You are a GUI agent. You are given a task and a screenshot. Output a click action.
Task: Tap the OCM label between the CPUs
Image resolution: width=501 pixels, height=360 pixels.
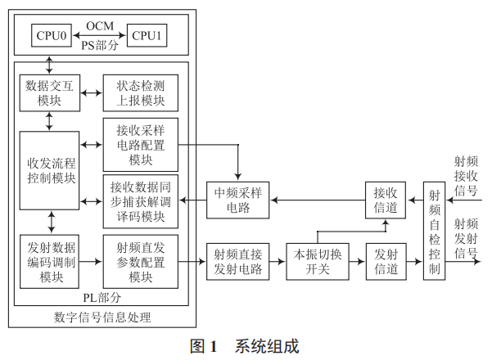(x=100, y=26)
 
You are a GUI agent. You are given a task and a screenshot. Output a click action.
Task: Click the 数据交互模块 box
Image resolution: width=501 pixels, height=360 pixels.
(x=50, y=92)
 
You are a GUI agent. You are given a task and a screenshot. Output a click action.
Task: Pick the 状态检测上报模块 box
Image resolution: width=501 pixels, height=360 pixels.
(x=141, y=92)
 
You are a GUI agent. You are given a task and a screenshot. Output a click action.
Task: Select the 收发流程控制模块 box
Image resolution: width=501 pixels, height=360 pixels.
(x=50, y=169)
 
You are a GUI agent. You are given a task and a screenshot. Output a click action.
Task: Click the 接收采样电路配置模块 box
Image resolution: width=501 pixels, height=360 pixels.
(x=141, y=144)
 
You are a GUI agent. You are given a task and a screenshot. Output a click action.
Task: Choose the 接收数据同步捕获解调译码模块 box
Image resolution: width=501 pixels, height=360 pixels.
(x=141, y=200)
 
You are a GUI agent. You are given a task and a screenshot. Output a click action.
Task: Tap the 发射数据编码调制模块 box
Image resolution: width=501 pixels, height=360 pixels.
(x=50, y=261)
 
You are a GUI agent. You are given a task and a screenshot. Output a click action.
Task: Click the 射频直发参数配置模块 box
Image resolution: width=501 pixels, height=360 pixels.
(x=141, y=261)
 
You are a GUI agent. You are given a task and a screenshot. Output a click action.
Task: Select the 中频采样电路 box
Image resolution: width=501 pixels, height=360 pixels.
(x=237, y=200)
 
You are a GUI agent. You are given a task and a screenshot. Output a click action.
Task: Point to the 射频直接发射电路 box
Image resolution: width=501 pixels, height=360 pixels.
(x=237, y=261)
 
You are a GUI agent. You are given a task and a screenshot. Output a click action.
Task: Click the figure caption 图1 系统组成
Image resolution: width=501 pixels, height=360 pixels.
(x=244, y=345)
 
